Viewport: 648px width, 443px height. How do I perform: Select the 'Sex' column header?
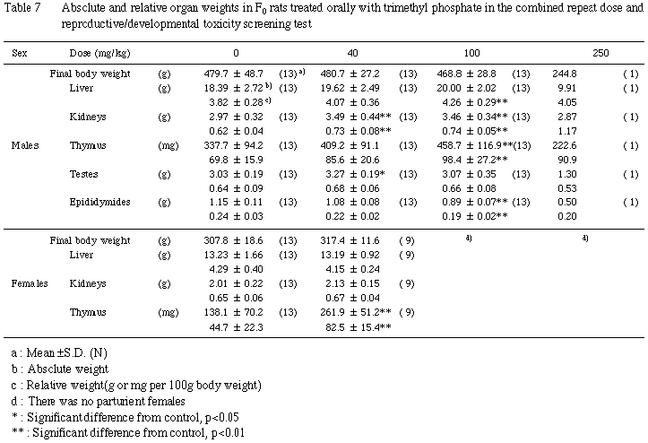tap(20, 53)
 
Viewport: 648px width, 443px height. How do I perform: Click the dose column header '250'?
tap(601, 53)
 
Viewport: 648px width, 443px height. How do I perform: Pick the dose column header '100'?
tap(480, 53)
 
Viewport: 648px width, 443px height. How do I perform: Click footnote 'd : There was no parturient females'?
tap(85, 397)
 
